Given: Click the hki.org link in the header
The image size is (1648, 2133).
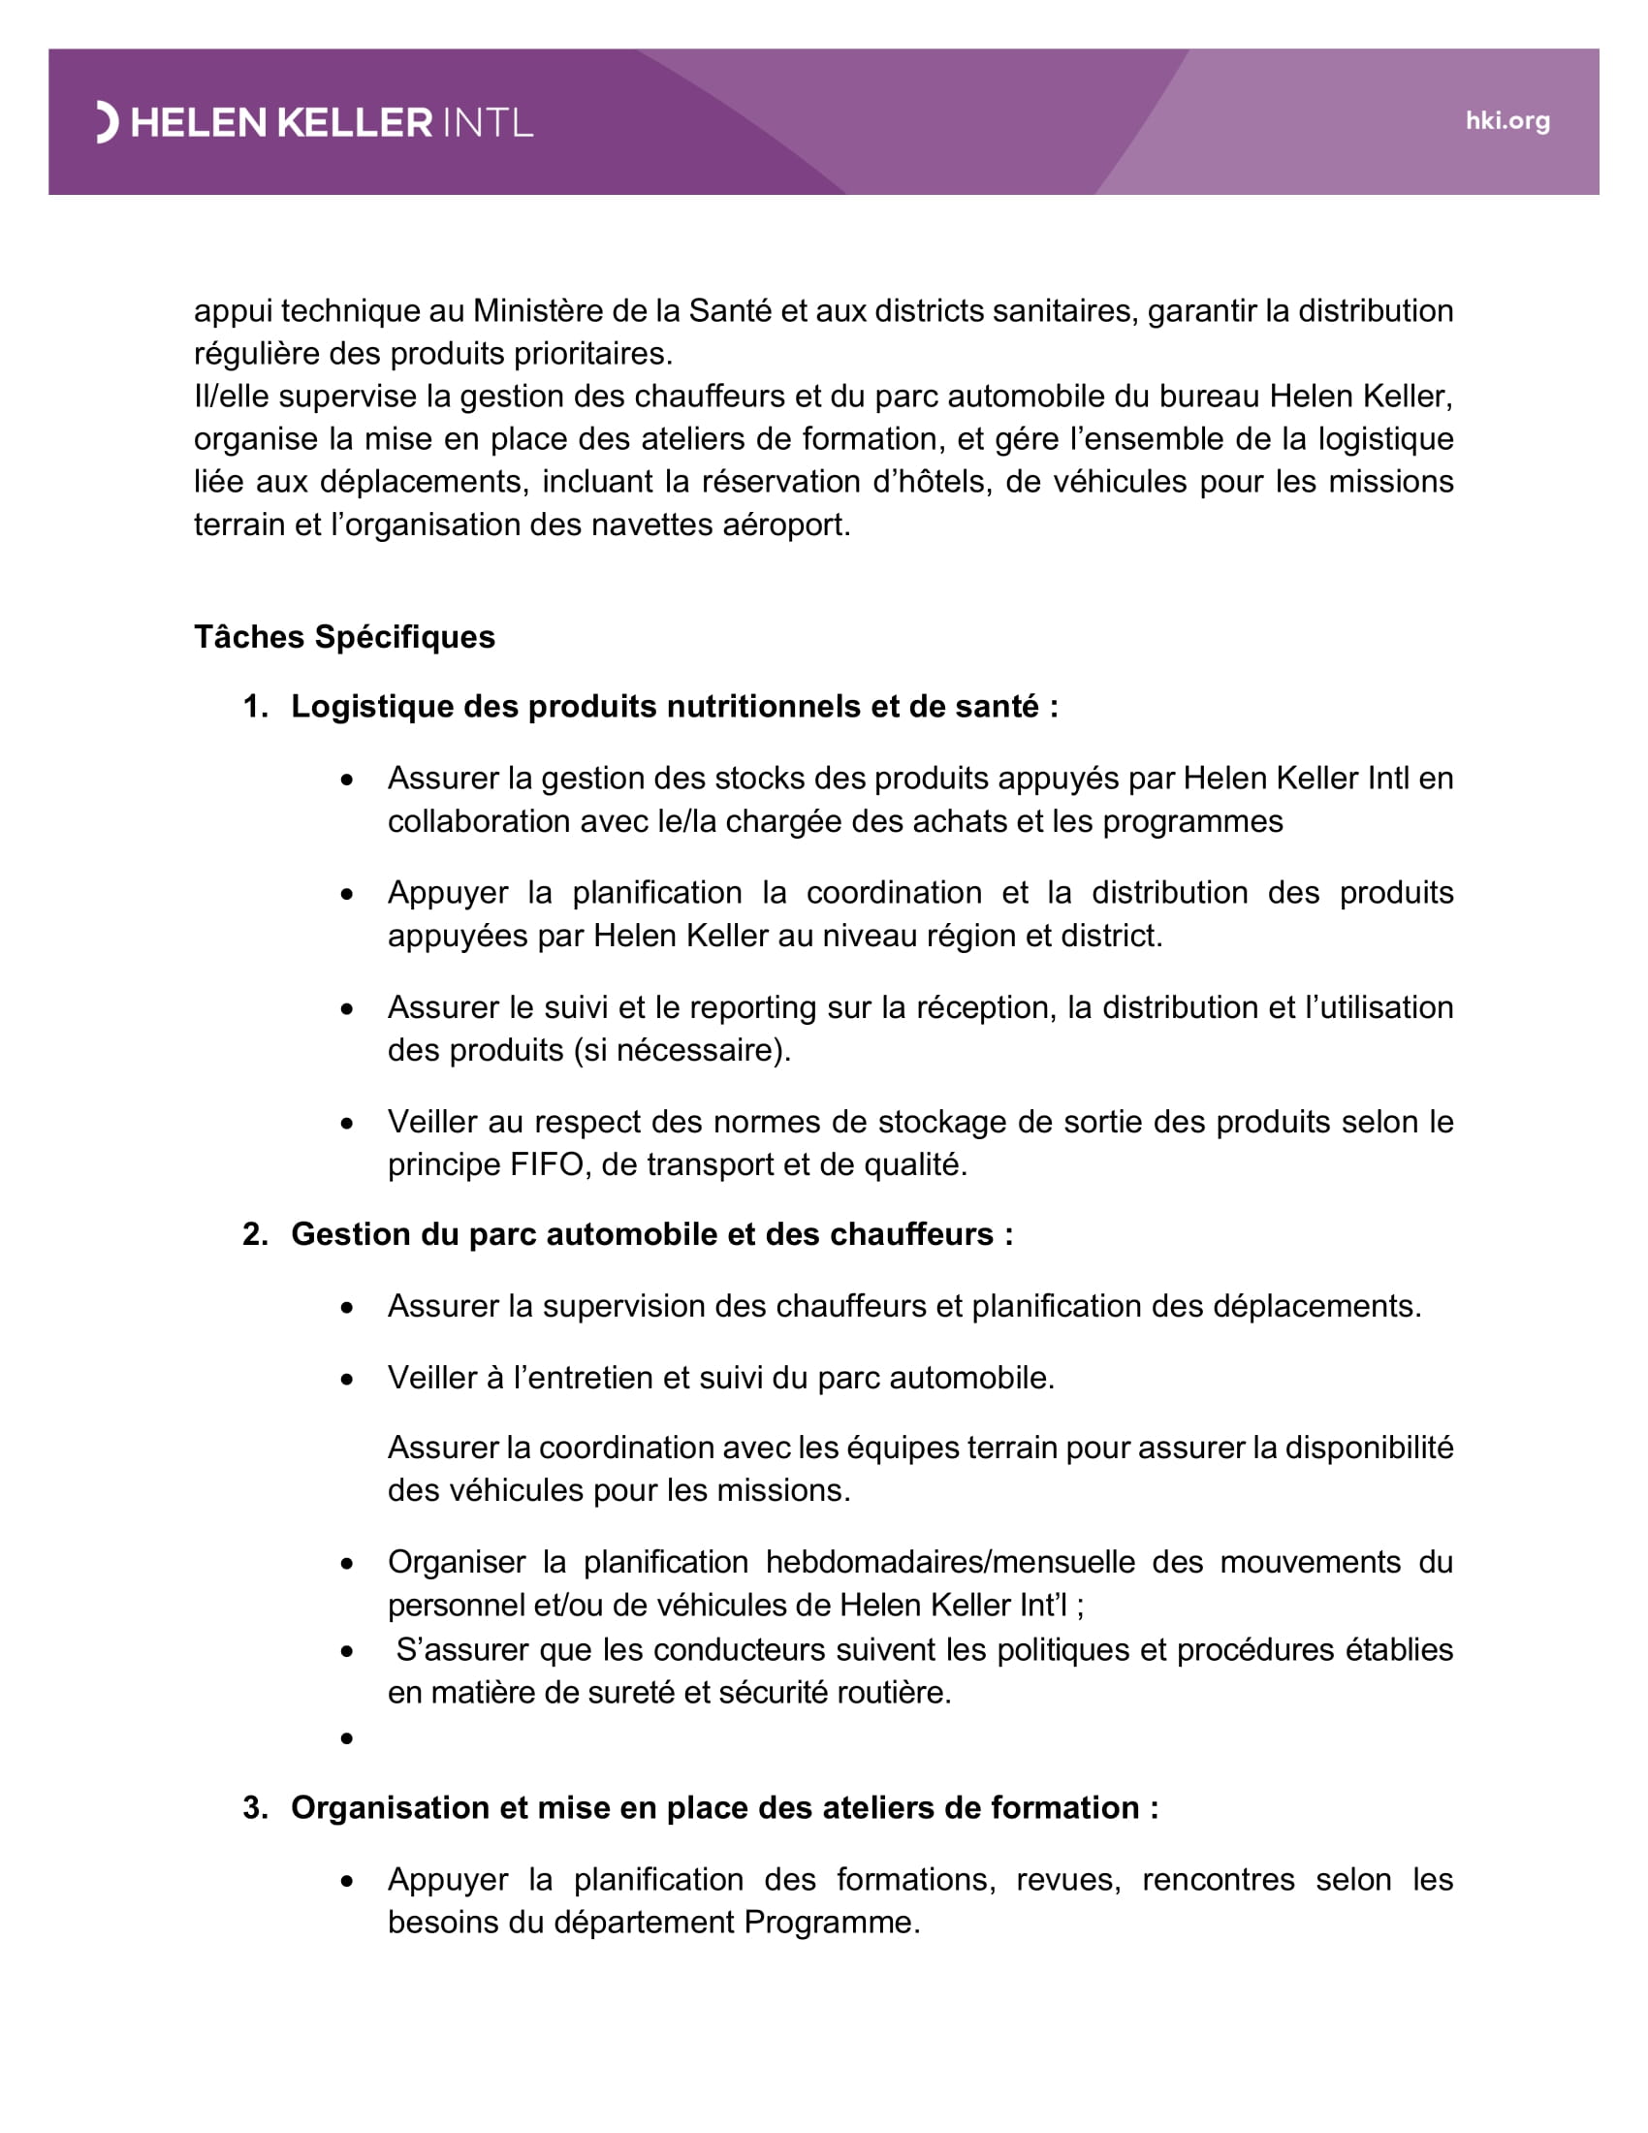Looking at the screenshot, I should point(1506,121).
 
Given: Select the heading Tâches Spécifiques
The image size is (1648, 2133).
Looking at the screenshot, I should point(344,637).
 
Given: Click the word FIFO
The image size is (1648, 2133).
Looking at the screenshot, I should point(546,1164).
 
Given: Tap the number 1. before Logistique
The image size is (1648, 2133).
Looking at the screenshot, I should point(255,706).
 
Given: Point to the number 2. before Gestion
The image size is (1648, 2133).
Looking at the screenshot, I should point(255,1234).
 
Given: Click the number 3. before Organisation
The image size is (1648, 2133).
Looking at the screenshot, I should point(255,1808).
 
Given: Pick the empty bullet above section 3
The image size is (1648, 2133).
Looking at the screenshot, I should point(347,1738).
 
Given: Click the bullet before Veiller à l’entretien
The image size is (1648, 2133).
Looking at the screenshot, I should point(347,1380).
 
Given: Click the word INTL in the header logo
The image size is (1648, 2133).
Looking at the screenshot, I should point(489,123).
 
